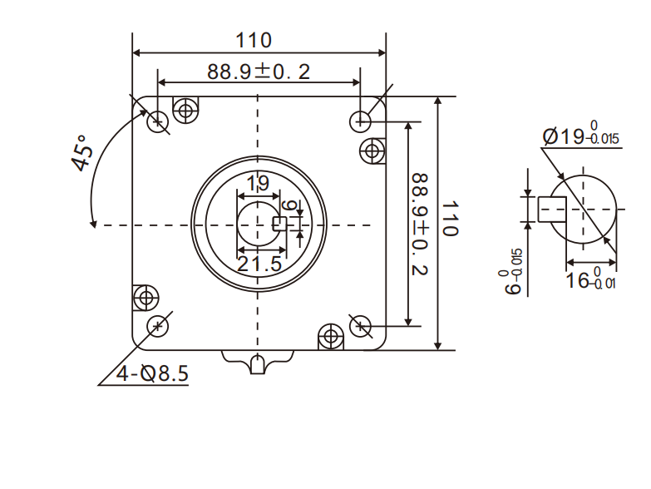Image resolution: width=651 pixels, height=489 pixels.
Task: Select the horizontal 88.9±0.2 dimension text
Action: pyautogui.click(x=259, y=72)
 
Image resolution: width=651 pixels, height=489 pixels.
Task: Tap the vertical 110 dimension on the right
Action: pyautogui.click(x=450, y=219)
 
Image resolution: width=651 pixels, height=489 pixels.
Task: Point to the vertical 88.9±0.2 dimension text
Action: pyautogui.click(x=421, y=224)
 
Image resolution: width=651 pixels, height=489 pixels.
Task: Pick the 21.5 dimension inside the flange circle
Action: pyautogui.click(x=259, y=264)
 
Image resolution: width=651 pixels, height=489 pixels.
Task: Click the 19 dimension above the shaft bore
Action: pyautogui.click(x=258, y=183)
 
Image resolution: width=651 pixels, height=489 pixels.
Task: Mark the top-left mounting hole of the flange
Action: pyautogui.click(x=156, y=122)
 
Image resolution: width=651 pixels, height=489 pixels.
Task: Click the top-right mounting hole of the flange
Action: pyautogui.click(x=360, y=121)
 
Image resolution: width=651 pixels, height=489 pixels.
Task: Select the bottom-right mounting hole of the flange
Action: pyautogui.click(x=360, y=325)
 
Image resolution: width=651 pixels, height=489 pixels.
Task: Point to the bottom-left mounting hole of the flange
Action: pyautogui.click(x=156, y=325)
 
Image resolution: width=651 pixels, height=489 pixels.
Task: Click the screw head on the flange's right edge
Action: pyautogui.click(x=372, y=151)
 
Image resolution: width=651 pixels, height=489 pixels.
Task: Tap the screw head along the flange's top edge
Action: pyautogui.click(x=185, y=109)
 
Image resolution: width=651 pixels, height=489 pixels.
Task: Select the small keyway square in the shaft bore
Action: pyautogui.click(x=280, y=223)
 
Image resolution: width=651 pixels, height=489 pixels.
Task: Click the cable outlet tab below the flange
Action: pyautogui.click(x=259, y=362)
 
